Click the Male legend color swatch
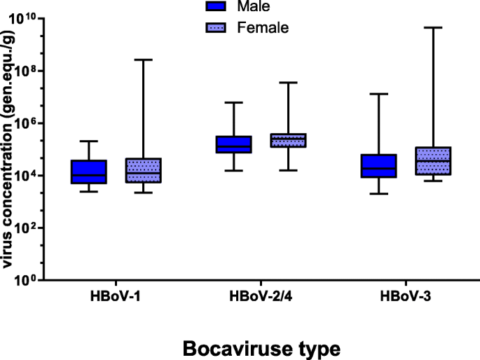[x=219, y=8]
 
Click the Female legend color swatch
[x=219, y=28]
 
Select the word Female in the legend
[x=263, y=28]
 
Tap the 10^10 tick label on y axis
[x=29, y=19]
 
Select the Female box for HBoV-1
[x=143, y=170]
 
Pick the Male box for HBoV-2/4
[x=233, y=144]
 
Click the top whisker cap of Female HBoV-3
[x=432, y=27]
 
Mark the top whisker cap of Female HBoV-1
[x=143, y=60]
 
